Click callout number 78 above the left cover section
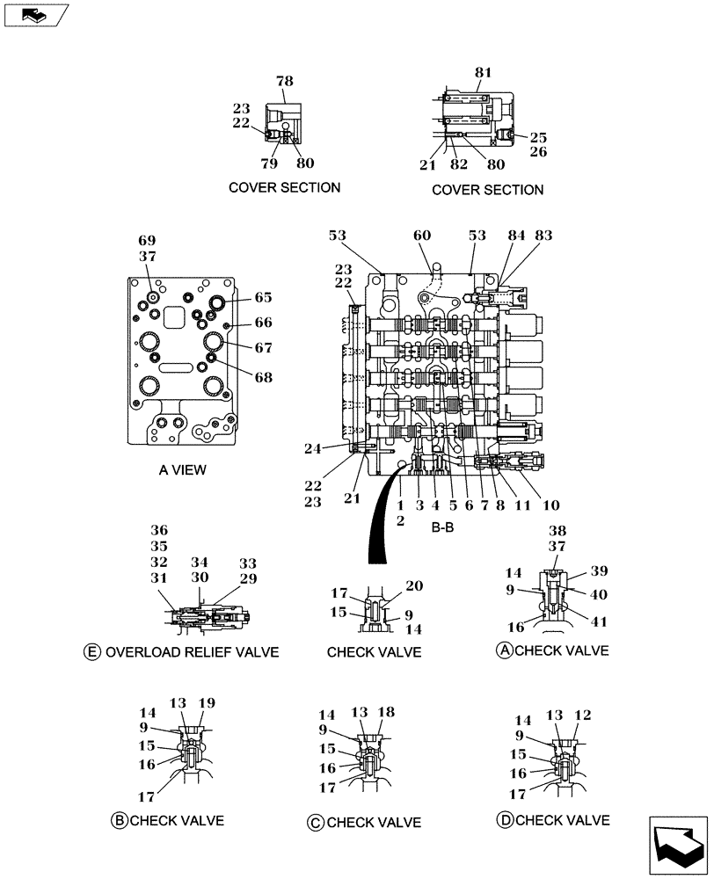284,82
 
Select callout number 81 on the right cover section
483,73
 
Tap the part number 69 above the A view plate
147,240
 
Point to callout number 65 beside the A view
264,297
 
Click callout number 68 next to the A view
264,377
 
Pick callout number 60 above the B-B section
423,236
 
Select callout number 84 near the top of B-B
516,236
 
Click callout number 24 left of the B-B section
336,447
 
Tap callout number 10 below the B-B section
551,505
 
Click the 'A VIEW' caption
183,470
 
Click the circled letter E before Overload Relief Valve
91,652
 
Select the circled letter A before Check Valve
505,650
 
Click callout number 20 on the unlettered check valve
413,585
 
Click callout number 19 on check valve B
207,703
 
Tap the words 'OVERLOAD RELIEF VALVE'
192,652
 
